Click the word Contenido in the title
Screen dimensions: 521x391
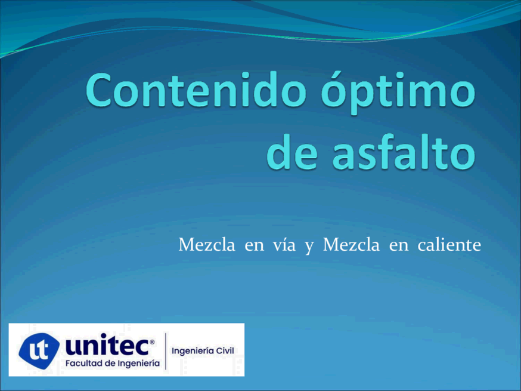[196, 90]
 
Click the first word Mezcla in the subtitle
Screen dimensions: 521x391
[207, 245]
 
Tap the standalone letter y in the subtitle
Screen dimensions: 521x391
[309, 247]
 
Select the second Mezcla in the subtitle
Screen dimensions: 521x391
[351, 245]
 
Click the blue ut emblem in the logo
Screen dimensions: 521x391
[39, 350]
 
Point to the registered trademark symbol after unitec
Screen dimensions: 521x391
[152, 341]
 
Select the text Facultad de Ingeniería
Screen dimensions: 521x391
[112, 364]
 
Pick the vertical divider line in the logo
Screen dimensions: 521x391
[166, 351]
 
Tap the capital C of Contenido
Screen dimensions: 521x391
[98, 90]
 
